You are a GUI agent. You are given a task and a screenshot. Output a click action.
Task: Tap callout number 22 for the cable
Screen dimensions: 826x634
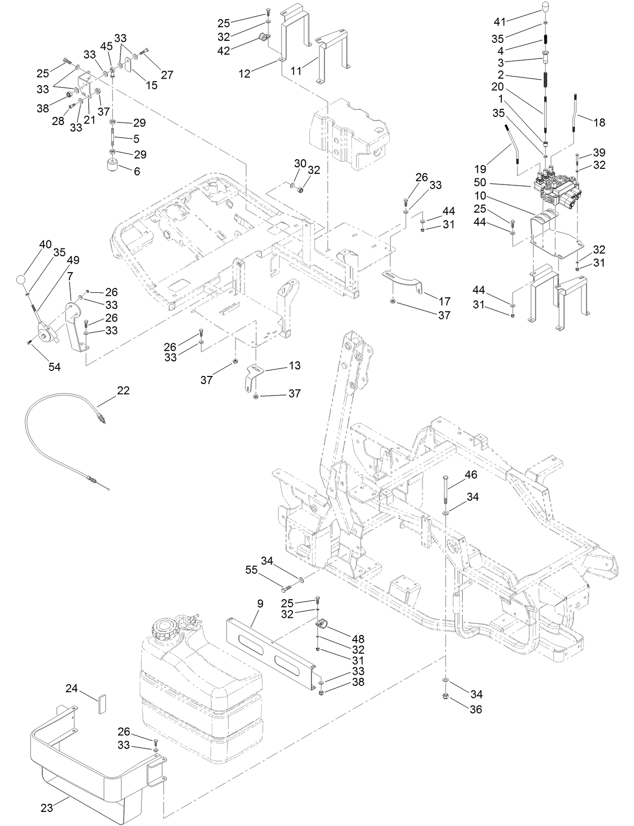pos(123,390)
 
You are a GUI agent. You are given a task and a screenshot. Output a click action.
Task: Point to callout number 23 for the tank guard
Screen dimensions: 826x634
pos(46,807)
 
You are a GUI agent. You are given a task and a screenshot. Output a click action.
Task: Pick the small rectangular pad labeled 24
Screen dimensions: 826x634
pos(100,703)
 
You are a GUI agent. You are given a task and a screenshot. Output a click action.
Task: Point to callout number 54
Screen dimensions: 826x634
pos(54,367)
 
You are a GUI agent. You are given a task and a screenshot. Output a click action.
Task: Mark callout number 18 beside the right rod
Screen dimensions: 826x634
pos(599,122)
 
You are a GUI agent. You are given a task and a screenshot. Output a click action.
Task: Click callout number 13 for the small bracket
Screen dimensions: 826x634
pos(294,365)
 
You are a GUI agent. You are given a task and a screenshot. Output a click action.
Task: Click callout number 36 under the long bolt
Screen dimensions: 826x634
pos(475,709)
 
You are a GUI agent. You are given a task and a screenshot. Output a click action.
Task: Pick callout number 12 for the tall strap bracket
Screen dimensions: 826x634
pos(244,74)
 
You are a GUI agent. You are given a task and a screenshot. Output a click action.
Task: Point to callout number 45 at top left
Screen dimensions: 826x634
pos(106,46)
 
